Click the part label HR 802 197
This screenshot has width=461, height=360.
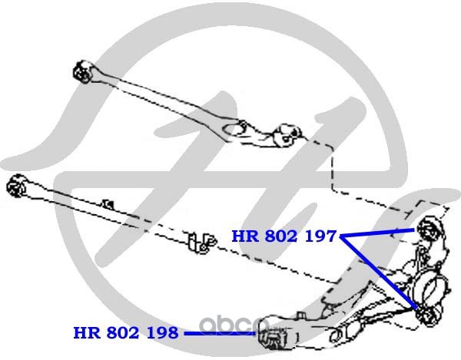point(284,236)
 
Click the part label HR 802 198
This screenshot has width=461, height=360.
point(126,332)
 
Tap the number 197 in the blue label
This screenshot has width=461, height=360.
point(320,236)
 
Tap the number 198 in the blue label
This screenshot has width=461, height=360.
point(163,332)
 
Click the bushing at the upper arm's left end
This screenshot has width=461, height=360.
point(83,72)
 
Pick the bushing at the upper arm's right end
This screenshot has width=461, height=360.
point(289,136)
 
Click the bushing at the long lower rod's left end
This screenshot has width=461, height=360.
point(16,186)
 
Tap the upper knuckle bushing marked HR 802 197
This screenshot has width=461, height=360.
point(429,230)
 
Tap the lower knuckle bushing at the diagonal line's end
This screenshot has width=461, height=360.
point(428,315)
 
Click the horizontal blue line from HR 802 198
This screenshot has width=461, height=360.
point(220,333)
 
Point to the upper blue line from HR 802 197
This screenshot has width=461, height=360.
point(377,233)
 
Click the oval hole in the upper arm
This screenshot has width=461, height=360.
point(234,128)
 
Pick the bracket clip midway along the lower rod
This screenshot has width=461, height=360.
point(202,243)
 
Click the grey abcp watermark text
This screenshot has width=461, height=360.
point(234,325)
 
